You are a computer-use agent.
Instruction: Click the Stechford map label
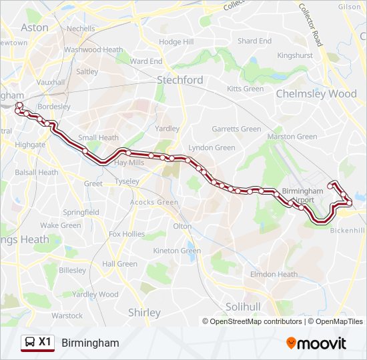[179, 80]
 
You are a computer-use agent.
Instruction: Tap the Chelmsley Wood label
[316, 94]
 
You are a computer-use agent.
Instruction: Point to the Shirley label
[144, 312]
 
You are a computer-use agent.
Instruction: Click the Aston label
[35, 27]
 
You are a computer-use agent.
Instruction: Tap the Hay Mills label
[129, 163]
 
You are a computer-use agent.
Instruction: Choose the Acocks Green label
[154, 202]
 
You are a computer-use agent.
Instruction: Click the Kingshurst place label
[294, 55]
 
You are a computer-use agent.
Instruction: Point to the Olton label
[182, 226]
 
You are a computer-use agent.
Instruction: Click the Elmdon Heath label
[274, 274]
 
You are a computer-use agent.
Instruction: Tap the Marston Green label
[292, 137]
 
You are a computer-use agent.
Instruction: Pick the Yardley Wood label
[95, 294]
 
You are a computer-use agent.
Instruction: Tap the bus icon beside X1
[30, 342]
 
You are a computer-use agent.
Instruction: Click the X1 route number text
[45, 342]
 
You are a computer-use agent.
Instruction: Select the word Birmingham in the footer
[90, 343]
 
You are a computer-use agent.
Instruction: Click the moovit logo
[316, 343]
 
